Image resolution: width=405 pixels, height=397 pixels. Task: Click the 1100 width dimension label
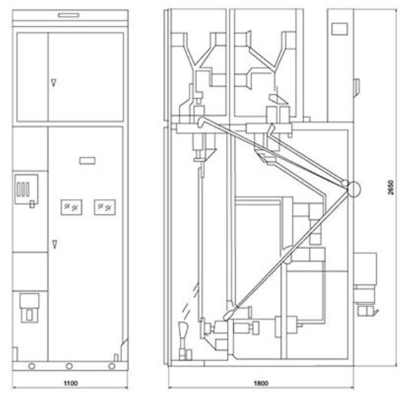pyautogui.click(x=70, y=382)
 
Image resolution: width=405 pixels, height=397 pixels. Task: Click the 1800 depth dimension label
pyautogui.click(x=261, y=382)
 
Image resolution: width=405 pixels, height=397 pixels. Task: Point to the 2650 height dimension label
pyautogui.click(x=391, y=187)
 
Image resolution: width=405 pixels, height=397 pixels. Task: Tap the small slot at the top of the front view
pyautogui.click(x=68, y=15)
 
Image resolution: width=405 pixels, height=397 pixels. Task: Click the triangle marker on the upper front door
pyautogui.click(x=53, y=83)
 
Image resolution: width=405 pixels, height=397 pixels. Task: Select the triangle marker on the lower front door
pyautogui.click(x=55, y=244)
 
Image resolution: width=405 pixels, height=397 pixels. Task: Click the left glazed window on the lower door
pyautogui.click(x=72, y=207)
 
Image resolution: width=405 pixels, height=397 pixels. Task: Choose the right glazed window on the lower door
pyautogui.click(x=104, y=207)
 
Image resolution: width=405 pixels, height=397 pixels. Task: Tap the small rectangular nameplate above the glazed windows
pyautogui.click(x=87, y=160)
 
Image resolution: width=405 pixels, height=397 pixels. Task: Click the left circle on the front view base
pyautogui.click(x=32, y=367)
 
